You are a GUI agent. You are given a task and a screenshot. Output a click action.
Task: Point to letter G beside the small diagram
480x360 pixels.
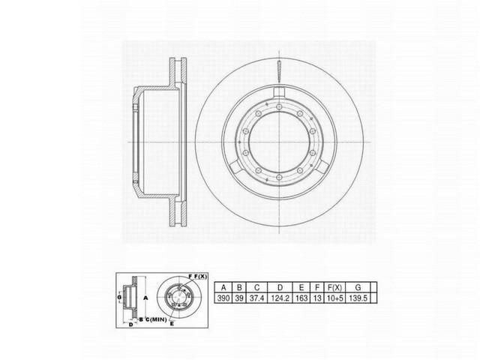pos(118,298)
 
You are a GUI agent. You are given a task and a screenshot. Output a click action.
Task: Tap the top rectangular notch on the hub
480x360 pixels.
pos(279,93)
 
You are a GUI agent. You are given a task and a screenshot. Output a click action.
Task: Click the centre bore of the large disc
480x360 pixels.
pos(279,142)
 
